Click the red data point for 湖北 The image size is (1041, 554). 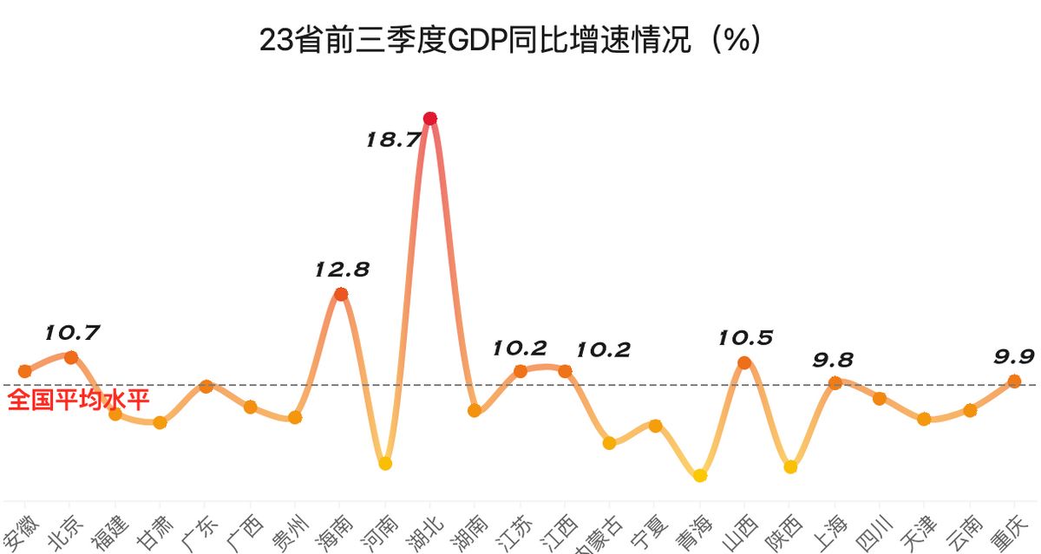[x=429, y=118]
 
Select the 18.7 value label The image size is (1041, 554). [x=393, y=140]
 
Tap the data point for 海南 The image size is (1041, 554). [x=341, y=295]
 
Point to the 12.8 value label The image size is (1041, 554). [x=342, y=270]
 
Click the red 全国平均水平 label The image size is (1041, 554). [x=78, y=401]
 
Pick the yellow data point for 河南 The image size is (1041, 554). [x=385, y=464]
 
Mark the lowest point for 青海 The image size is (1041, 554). [x=700, y=475]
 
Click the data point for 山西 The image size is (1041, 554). [x=744, y=363]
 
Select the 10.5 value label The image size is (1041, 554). [x=745, y=338]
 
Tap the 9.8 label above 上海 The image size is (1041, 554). [x=834, y=359]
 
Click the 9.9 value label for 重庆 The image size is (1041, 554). [x=1015, y=357]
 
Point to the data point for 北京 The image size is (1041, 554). [x=71, y=357]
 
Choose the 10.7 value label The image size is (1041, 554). [x=72, y=333]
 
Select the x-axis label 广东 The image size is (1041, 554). [x=201, y=530]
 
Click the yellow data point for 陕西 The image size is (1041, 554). [x=789, y=467]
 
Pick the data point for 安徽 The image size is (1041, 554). [x=25, y=371]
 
